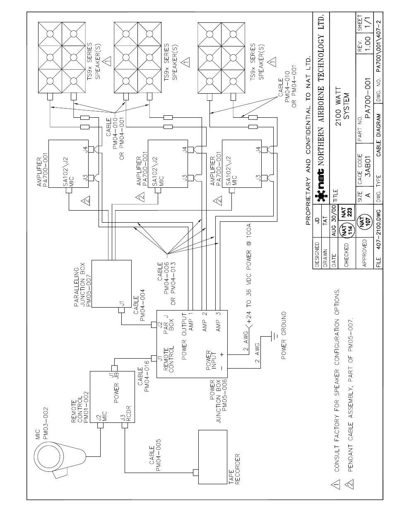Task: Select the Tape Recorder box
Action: click(212, 457)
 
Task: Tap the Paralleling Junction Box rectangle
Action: click(111, 284)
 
